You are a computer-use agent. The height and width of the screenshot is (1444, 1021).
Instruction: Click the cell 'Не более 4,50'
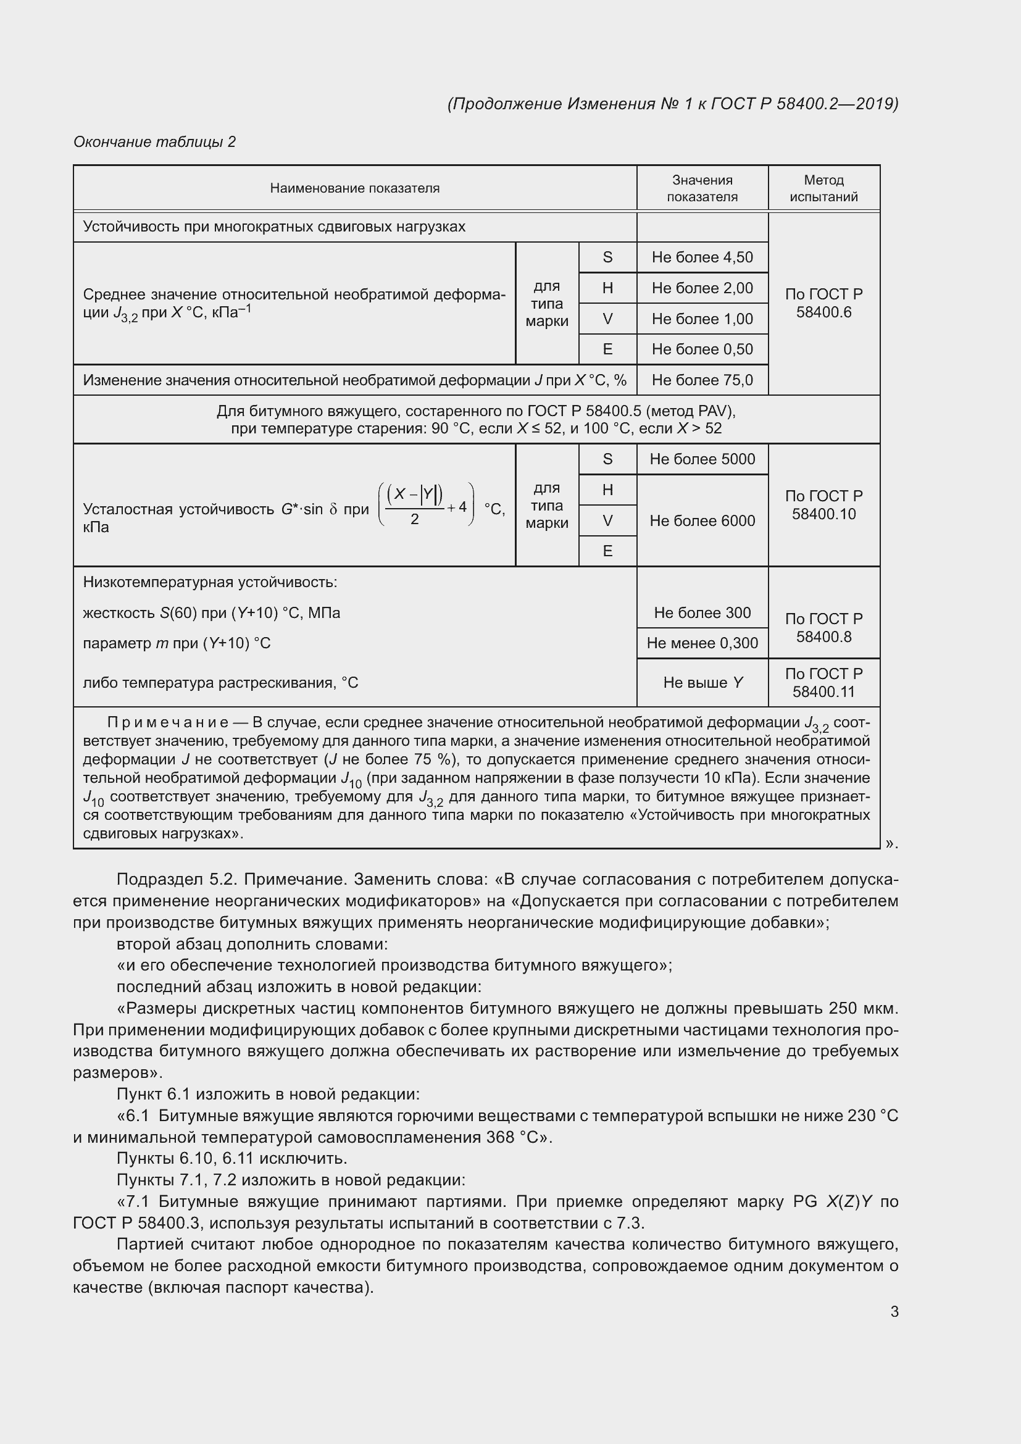(702, 257)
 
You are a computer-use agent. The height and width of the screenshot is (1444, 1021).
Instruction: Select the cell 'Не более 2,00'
(702, 288)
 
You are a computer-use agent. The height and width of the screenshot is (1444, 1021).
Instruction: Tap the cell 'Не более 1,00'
(702, 319)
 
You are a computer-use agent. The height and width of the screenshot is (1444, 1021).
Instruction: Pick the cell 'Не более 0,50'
(702, 349)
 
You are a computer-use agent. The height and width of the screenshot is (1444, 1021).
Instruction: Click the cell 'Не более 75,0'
(702, 380)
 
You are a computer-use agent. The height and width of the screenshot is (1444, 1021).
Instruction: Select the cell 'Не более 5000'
(702, 459)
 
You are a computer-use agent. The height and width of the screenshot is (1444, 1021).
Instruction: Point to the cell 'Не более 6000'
(702, 521)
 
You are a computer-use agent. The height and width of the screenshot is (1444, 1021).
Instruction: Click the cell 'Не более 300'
(702, 612)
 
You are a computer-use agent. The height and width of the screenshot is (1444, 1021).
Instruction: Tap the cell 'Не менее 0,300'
(702, 643)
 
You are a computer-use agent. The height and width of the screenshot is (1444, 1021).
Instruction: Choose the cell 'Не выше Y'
(702, 682)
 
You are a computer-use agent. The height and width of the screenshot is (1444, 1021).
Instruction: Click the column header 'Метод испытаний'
(823, 188)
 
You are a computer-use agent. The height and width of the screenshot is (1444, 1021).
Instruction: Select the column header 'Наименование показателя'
(354, 188)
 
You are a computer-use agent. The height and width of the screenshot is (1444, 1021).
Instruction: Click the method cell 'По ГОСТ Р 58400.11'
(823, 682)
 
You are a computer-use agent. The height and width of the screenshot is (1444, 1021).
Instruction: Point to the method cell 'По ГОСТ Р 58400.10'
(823, 505)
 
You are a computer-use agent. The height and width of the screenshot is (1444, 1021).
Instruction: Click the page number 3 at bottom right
(894, 1311)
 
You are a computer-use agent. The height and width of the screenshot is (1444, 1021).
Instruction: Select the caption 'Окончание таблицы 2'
(155, 142)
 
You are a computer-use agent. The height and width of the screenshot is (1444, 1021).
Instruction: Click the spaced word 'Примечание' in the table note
(168, 723)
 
